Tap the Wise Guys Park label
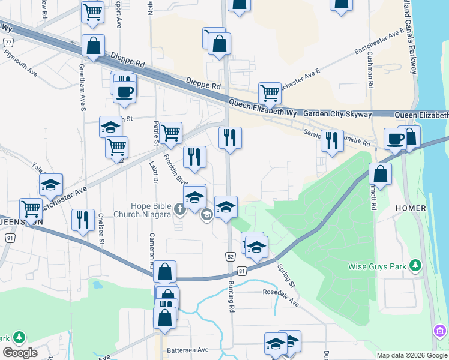(x=381, y=266)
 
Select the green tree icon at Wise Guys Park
(x=415, y=265)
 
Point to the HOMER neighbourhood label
(x=411, y=208)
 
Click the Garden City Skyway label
(x=337, y=113)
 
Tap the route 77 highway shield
(x=8, y=43)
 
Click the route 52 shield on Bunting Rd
(x=231, y=256)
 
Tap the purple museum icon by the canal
(x=439, y=331)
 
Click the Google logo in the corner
(x=19, y=353)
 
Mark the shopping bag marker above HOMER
(x=380, y=175)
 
